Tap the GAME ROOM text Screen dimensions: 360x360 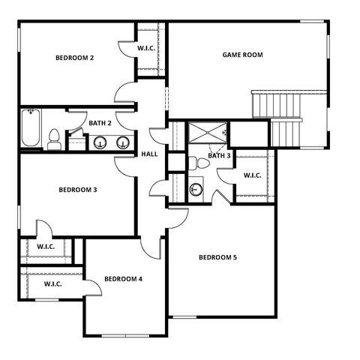point(242,54)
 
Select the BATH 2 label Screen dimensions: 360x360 point(100,123)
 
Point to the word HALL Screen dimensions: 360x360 point(149,154)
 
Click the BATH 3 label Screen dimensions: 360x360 point(219,156)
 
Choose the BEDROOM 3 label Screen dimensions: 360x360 point(78,190)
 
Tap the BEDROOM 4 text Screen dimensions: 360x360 point(123,279)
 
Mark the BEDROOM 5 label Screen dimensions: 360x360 point(217,257)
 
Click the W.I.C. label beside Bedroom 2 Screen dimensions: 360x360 point(146,49)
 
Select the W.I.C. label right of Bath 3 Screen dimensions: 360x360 point(252,175)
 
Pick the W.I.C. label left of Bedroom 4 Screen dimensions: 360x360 point(52,284)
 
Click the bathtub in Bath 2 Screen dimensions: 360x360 point(30,129)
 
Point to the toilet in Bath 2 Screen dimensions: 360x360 point(54,139)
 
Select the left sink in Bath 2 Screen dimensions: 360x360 point(99,142)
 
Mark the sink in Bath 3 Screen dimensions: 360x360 point(196,189)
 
